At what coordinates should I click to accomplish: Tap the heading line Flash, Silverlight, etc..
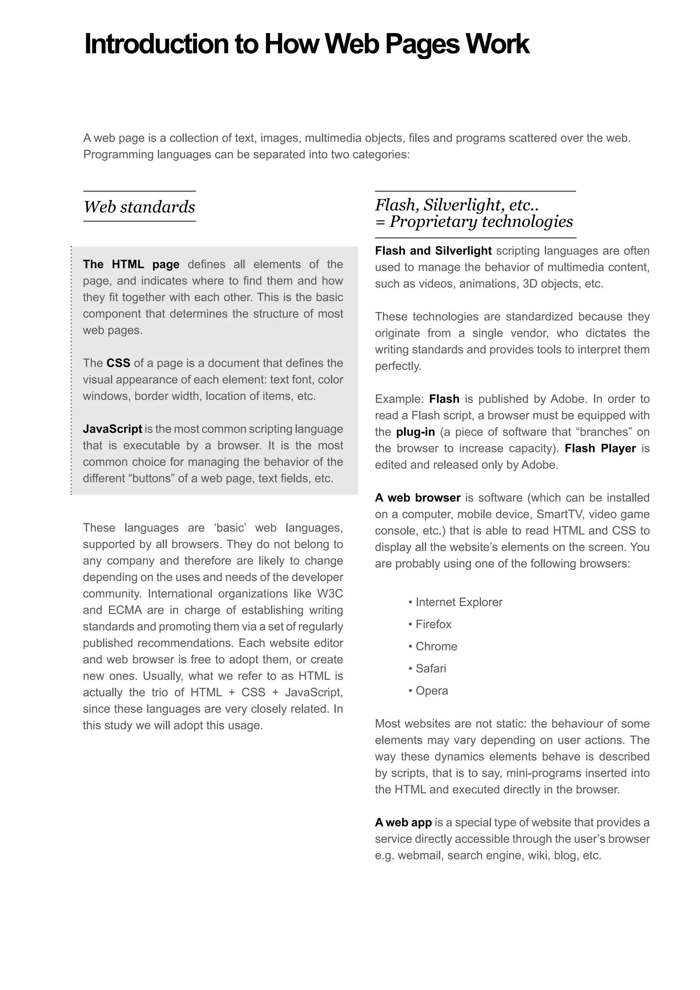point(456,205)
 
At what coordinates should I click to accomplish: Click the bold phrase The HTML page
point(131,264)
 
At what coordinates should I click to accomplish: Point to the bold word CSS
point(118,363)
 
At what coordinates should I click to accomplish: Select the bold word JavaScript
point(112,429)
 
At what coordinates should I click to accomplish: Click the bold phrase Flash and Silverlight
point(433,251)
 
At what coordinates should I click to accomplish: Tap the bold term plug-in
point(415,432)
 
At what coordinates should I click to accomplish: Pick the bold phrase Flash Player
point(600,449)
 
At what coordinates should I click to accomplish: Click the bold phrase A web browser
point(417,498)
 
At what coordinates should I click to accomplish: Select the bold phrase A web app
point(403,823)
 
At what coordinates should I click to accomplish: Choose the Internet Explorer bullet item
point(459,602)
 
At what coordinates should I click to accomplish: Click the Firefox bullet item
point(433,624)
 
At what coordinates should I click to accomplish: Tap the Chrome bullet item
point(436,646)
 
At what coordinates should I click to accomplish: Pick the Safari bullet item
point(431,668)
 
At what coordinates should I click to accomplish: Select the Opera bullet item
point(431,691)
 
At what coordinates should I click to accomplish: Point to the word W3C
point(330,594)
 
